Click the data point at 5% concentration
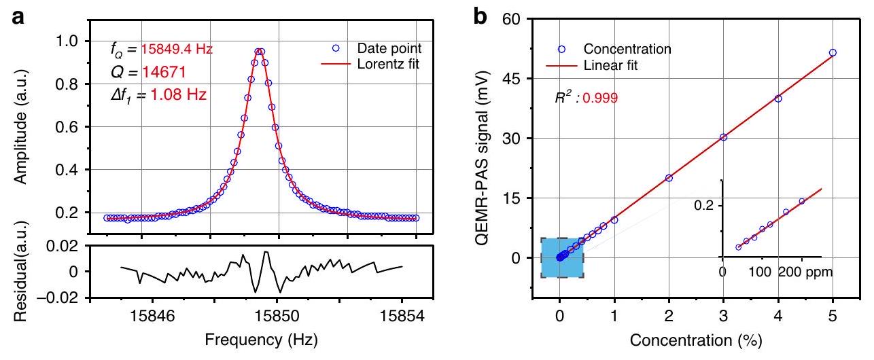coord(833,52)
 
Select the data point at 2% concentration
coord(669,178)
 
